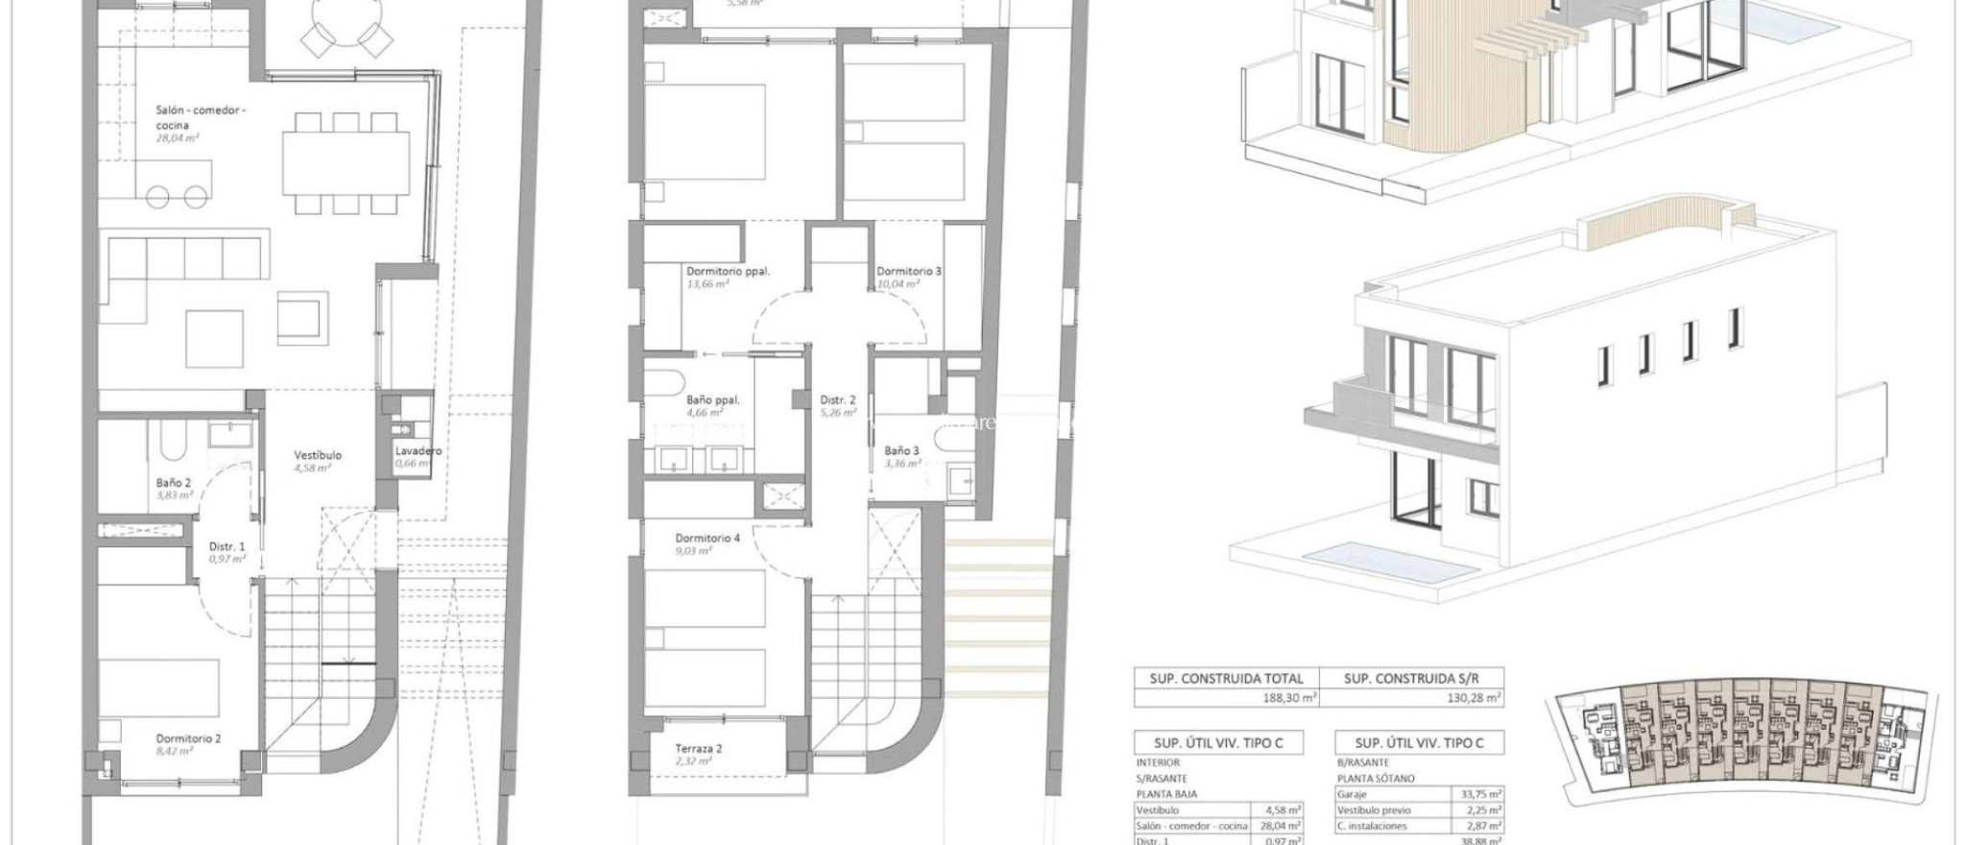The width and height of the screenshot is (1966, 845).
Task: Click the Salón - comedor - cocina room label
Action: tap(201, 117)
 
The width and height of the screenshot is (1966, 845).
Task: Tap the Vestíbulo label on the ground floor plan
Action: tap(317, 455)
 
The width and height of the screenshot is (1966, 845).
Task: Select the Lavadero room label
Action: tap(418, 450)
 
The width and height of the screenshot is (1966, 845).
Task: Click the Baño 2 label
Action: tap(174, 483)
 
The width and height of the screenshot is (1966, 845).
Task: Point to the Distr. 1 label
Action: tap(228, 546)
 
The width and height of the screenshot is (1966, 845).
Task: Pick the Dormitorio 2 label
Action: tap(188, 738)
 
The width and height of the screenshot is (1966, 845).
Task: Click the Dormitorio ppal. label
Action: tap(728, 271)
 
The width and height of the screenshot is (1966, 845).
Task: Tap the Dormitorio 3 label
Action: tap(908, 271)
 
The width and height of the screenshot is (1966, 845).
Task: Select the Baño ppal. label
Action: tap(712, 400)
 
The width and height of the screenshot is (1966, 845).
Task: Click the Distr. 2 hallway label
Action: tap(837, 400)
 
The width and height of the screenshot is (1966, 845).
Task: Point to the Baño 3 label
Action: tap(901, 449)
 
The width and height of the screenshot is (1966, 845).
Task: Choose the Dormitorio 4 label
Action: tap(707, 538)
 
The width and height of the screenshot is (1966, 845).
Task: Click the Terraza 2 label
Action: tap(698, 748)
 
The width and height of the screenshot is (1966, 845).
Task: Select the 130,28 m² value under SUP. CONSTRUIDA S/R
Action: tap(1474, 698)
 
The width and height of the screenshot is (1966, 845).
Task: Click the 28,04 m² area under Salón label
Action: tap(177, 138)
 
